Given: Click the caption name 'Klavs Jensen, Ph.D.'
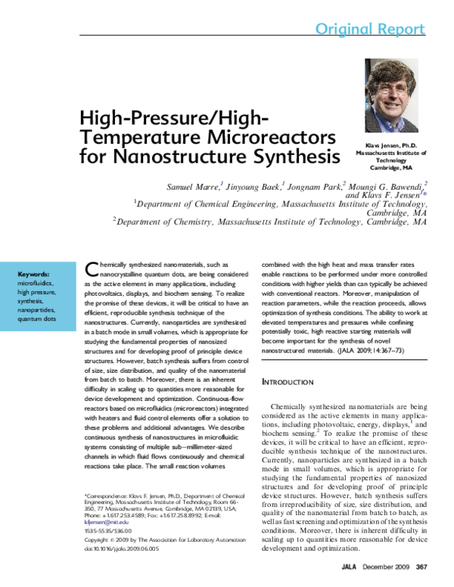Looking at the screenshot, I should [391, 144].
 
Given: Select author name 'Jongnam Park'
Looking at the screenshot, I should [316, 185].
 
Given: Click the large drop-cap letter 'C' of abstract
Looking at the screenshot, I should [92, 269].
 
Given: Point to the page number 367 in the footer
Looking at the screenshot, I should [421, 567].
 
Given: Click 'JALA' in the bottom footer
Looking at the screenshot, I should [350, 567].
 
